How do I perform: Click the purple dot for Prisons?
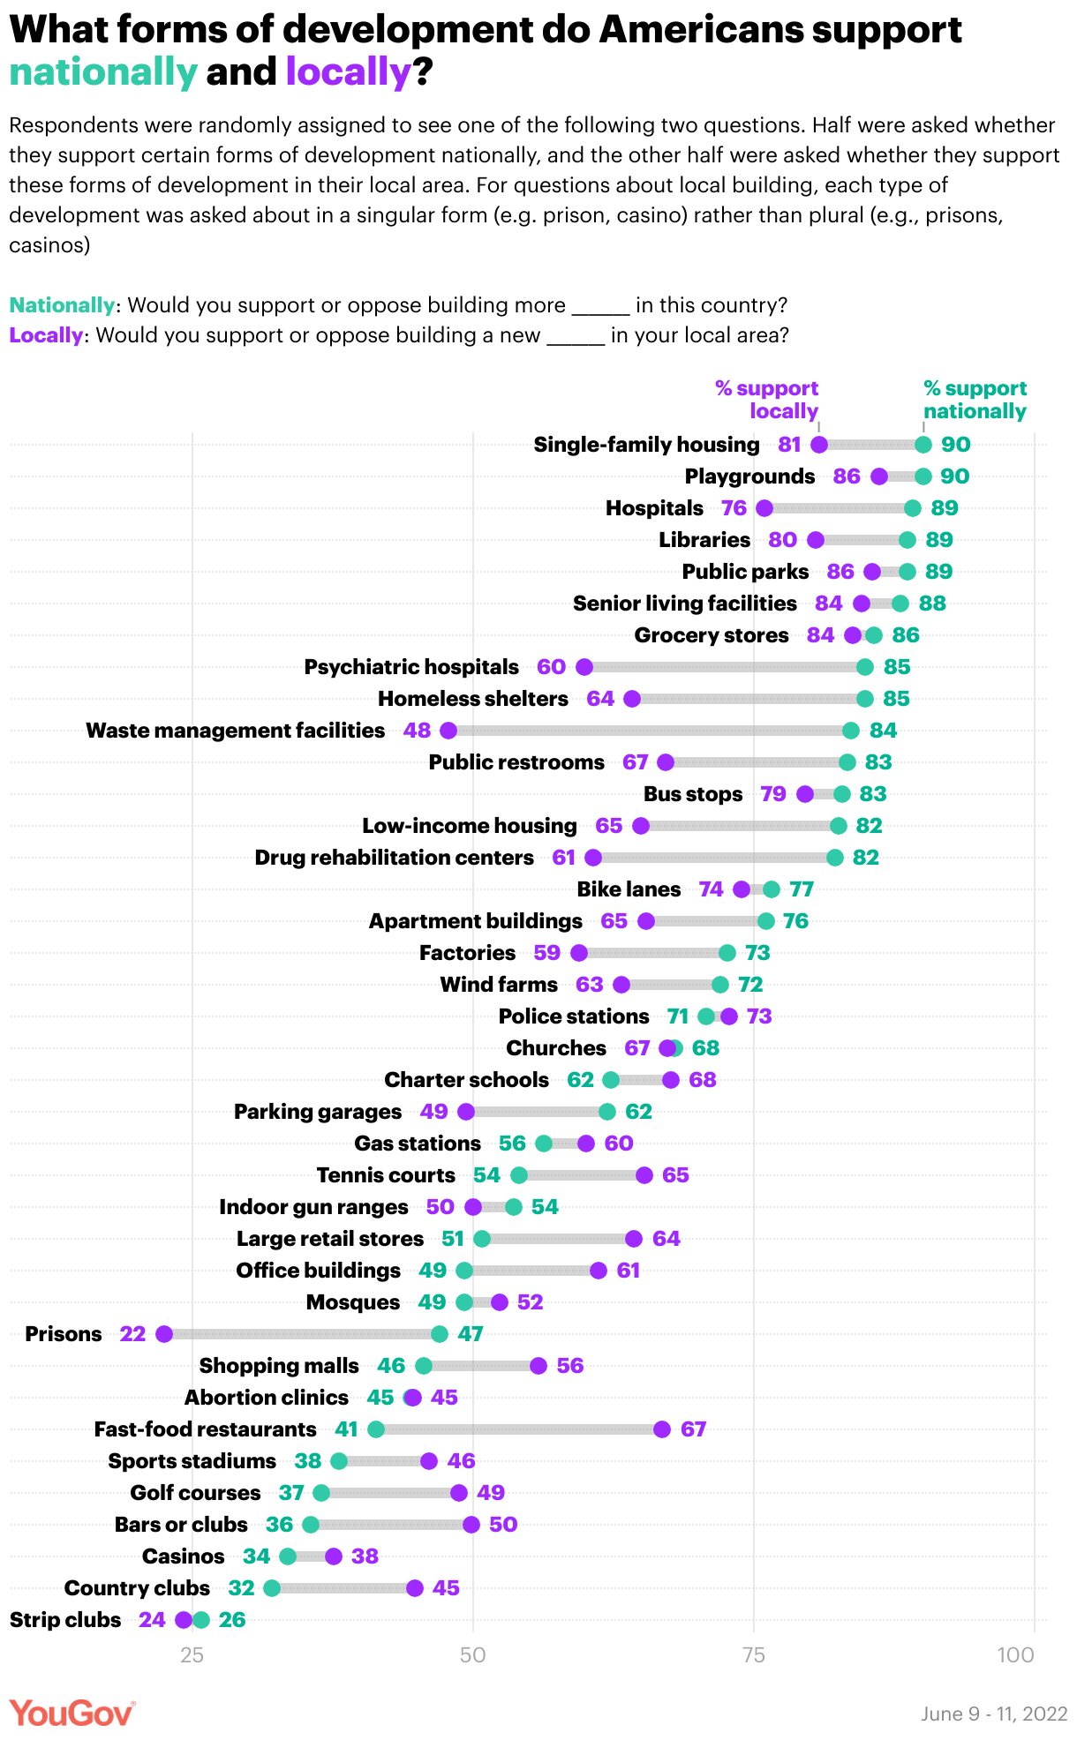[x=164, y=1334]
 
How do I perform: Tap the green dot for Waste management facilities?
[x=851, y=731]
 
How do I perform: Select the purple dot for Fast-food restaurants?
[x=662, y=1429]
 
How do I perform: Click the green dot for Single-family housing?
[x=923, y=445]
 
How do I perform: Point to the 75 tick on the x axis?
[x=753, y=1654]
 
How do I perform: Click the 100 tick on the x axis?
[x=1016, y=1654]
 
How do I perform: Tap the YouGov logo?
[x=72, y=1713]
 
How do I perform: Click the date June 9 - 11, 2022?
[x=994, y=1714]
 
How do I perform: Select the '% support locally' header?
[x=766, y=400]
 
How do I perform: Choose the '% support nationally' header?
[x=975, y=400]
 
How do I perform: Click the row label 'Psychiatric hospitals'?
[x=411, y=667]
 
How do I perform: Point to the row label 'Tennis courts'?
[x=386, y=1175]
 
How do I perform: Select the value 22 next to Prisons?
[x=132, y=1334]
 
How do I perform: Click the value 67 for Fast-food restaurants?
[x=694, y=1429]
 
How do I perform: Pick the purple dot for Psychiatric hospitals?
[x=584, y=667]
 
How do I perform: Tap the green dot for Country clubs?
[x=272, y=1588]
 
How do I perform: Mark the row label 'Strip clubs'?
[x=65, y=1620]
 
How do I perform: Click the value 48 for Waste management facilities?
[x=417, y=731]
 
